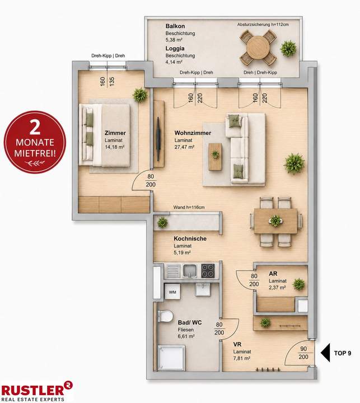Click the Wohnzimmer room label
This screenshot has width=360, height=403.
(x=193, y=133)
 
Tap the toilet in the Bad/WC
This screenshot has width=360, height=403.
(x=165, y=316)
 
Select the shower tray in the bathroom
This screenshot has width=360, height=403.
(x=171, y=358)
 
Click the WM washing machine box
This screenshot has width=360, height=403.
(x=172, y=292)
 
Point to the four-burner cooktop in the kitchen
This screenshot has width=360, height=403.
(x=208, y=271)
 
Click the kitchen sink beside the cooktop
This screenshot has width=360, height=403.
(x=190, y=271)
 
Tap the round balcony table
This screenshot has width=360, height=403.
(x=258, y=48)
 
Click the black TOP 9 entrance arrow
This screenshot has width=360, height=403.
(x=325, y=353)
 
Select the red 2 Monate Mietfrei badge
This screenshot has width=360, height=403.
(x=35, y=142)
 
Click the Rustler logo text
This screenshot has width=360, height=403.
(x=33, y=390)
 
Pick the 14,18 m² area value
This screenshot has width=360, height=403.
(x=115, y=147)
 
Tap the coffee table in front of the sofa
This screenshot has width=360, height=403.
(x=215, y=157)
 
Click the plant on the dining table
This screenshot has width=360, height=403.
(x=275, y=221)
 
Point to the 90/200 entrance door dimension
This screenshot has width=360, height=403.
(x=303, y=353)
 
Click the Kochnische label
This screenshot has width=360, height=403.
(x=190, y=238)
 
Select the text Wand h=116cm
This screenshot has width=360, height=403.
(x=189, y=207)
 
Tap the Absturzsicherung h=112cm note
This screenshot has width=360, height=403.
(x=263, y=25)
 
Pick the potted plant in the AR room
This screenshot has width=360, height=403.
(x=299, y=284)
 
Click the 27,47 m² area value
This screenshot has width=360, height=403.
(x=184, y=147)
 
